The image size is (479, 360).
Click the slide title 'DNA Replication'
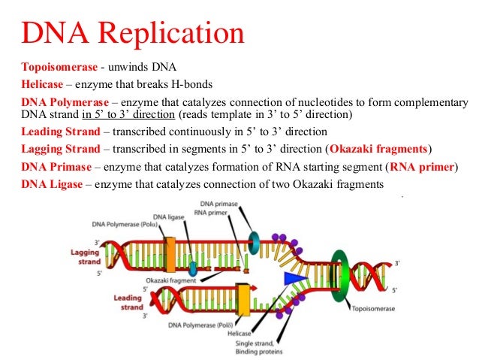pos(132,34)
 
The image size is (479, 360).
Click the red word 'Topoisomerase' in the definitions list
pos(57,66)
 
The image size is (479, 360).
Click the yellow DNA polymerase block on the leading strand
pos(243,298)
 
